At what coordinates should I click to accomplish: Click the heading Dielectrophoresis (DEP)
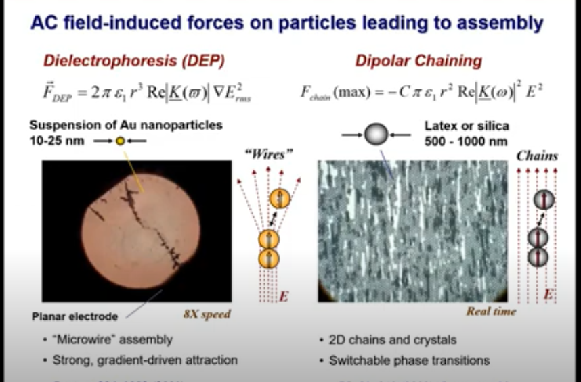tap(134, 61)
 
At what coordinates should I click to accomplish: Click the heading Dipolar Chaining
tap(418, 61)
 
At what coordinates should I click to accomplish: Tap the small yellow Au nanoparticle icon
tap(120, 141)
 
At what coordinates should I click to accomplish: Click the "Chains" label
tap(537, 156)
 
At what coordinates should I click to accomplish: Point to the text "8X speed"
tap(207, 314)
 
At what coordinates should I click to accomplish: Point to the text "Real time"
tap(491, 311)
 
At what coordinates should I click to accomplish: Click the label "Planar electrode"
tap(75, 316)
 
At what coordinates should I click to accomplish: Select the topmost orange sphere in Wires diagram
tap(279, 199)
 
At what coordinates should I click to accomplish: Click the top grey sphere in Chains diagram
tap(543, 199)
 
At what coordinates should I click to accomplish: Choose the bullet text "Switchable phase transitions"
tap(409, 360)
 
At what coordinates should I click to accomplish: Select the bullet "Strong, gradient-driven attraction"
tap(145, 360)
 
